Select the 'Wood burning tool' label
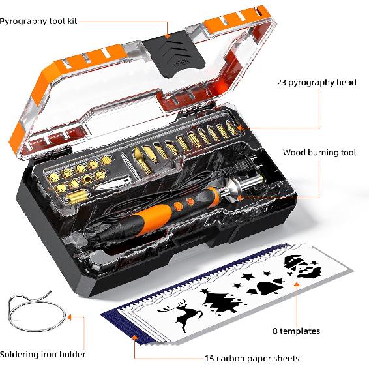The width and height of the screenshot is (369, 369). pos(319,153)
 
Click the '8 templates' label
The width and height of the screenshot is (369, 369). pos(296,331)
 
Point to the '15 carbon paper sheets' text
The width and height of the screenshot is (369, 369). pos(251,358)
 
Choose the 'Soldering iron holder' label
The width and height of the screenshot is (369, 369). pos(42,355)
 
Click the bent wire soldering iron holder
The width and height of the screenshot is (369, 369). pos(33,310)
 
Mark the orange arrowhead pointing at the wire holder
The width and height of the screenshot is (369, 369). pos(70,317)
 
